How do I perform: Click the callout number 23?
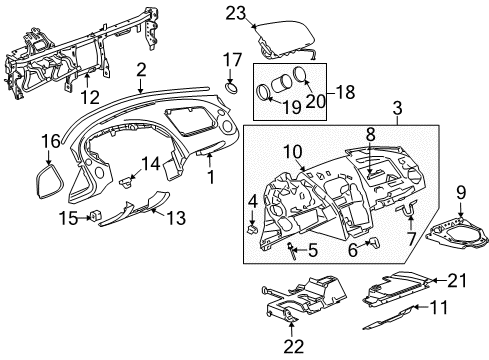click(x=236, y=14)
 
